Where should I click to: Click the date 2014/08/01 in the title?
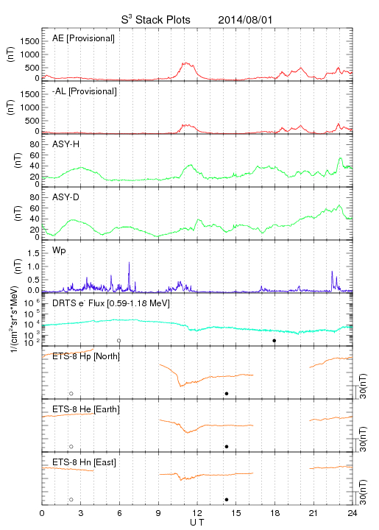point(245,20)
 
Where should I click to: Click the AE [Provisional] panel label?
point(83,38)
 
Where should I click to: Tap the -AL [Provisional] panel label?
point(85,91)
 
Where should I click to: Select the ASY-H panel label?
point(66,144)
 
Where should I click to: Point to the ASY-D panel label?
point(66,197)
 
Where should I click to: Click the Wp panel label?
point(59,250)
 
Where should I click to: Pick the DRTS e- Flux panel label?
point(111,303)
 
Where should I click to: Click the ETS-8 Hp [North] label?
point(86,356)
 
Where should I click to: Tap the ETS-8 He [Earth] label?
point(86,409)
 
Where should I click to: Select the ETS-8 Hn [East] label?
point(84,462)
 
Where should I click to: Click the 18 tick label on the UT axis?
point(275,513)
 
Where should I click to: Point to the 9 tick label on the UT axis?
point(158,513)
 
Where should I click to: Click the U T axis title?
point(197,523)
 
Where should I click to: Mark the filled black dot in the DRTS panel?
point(274,341)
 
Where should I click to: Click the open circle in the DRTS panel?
point(119,341)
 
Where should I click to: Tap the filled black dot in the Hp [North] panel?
point(227,393)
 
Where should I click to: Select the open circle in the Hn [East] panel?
point(71,500)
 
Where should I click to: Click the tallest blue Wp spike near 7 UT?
point(129,262)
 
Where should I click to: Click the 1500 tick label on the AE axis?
point(29,41)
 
